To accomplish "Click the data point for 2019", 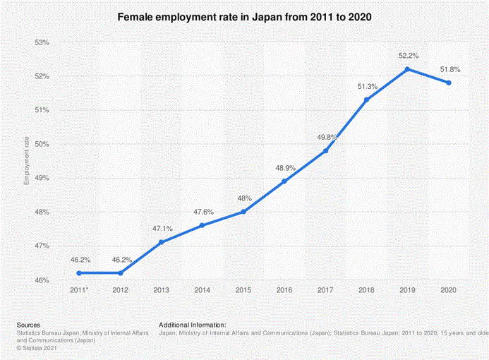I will [x=407, y=69].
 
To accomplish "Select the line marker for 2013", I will [x=162, y=242].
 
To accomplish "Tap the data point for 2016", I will [x=284, y=181].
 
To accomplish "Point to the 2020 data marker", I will [x=448, y=83].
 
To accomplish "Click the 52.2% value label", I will [x=408, y=54].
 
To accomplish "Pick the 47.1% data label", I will [x=162, y=228].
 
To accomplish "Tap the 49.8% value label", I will [x=325, y=136].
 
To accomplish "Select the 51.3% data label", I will [x=367, y=86].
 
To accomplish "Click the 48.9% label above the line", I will [x=284, y=167].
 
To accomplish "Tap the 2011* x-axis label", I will [x=80, y=289].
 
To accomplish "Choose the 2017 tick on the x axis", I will [x=325, y=289].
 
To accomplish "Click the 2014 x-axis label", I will [x=203, y=289].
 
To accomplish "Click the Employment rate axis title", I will [x=26, y=162].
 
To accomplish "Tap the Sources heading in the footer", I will [x=28, y=324].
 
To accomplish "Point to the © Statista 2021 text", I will [x=37, y=347].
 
